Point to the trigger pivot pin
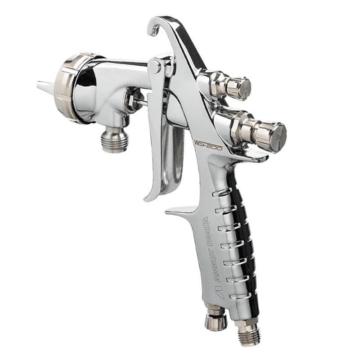pos(155,66)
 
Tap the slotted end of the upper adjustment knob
pos(244,88)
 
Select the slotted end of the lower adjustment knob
pos(278,137)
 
